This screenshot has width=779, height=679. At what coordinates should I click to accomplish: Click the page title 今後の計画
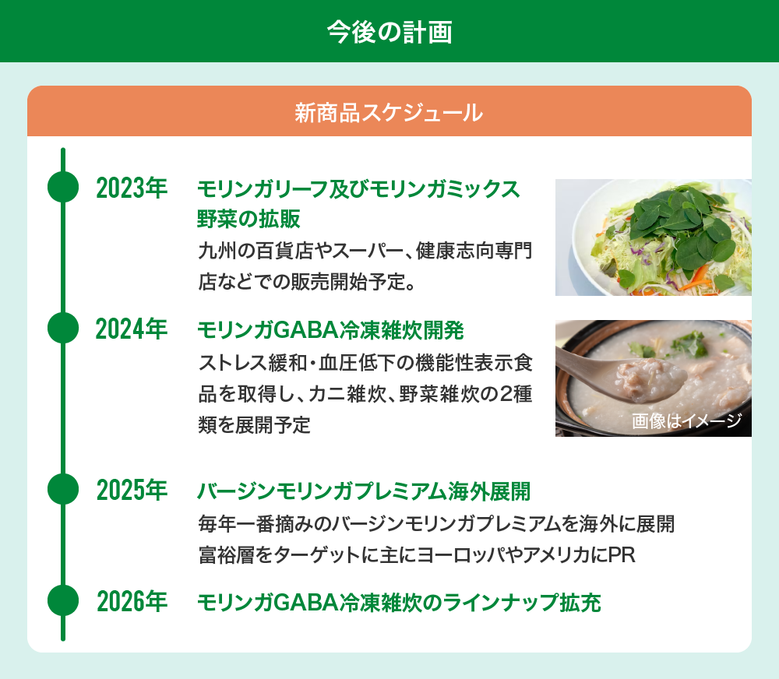tap(389, 32)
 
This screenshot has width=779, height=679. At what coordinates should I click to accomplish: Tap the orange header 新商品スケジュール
tap(389, 112)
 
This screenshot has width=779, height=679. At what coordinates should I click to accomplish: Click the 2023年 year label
tap(132, 188)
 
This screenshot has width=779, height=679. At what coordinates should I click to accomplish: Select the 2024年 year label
tap(132, 329)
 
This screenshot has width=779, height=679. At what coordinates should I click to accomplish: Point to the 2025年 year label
tap(132, 491)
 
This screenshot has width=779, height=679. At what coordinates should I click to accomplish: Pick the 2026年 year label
tap(132, 601)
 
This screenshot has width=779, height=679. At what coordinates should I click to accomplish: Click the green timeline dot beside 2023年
tap(63, 187)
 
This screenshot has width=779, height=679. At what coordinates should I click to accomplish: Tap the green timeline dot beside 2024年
tap(63, 328)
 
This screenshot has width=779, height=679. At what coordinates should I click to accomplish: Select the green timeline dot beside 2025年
tap(63, 489)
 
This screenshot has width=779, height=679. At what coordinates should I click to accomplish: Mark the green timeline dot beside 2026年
tap(63, 600)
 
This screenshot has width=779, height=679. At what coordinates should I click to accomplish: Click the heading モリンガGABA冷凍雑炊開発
tap(330, 330)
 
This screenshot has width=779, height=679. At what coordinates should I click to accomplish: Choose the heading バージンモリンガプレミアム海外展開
tap(364, 491)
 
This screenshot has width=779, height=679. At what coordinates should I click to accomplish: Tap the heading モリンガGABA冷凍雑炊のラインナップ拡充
tap(399, 603)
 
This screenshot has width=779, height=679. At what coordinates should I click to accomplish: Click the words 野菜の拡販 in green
tap(249, 219)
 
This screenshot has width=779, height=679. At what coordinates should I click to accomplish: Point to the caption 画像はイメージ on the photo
tap(686, 420)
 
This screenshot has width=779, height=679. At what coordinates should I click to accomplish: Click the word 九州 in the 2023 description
tap(217, 251)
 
